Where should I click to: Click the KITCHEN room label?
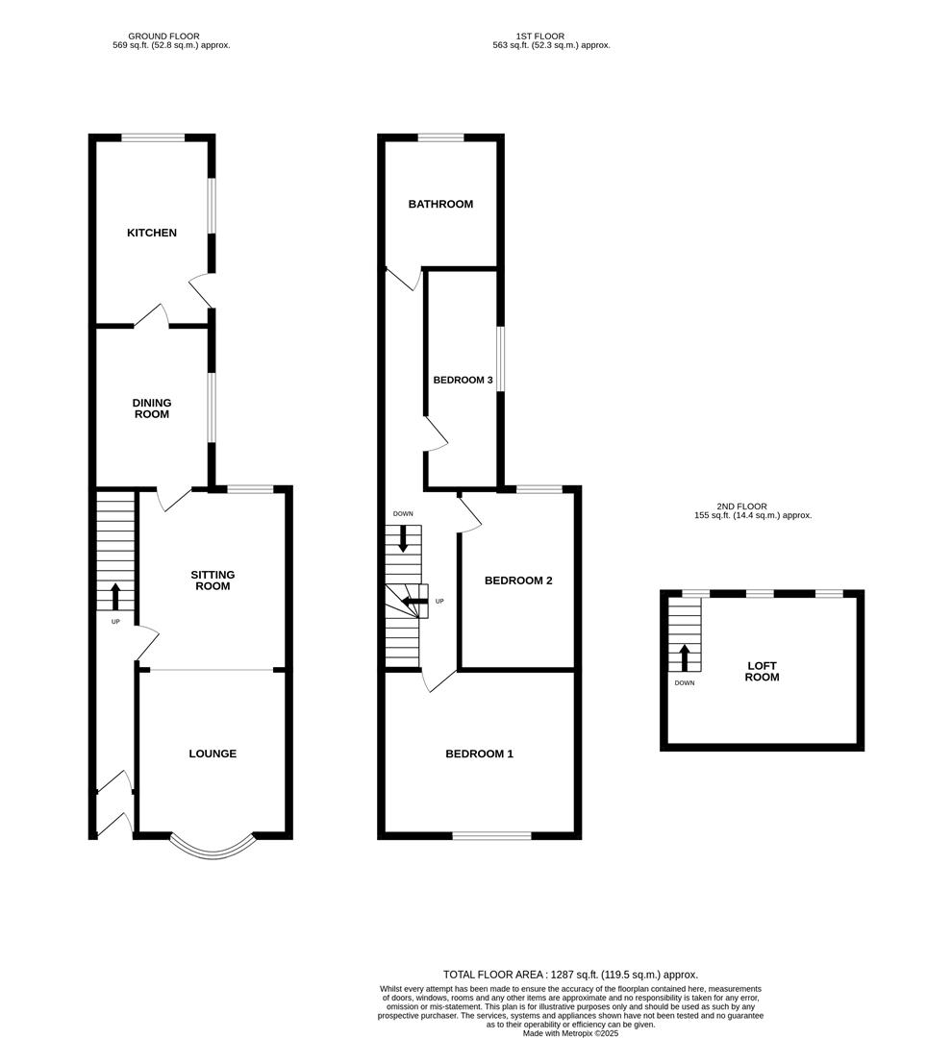tap(152, 233)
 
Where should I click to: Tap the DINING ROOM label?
tap(152, 408)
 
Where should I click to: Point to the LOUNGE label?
tap(213, 754)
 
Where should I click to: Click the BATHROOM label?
tap(440, 204)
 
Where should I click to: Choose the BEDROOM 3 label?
tap(463, 381)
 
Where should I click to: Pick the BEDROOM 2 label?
tap(517, 581)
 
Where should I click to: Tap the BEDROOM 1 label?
tap(479, 754)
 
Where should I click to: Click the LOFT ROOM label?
tap(762, 671)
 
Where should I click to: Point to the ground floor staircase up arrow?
tap(115, 596)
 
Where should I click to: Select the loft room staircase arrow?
tap(685, 657)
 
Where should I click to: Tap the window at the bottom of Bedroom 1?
tap(491, 835)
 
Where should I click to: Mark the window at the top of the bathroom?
tap(440, 138)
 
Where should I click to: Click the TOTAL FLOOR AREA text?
tap(570, 974)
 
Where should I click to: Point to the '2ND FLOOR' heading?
tap(742, 507)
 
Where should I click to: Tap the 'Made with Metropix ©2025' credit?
tap(570, 1033)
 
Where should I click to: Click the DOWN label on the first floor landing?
tap(403, 514)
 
